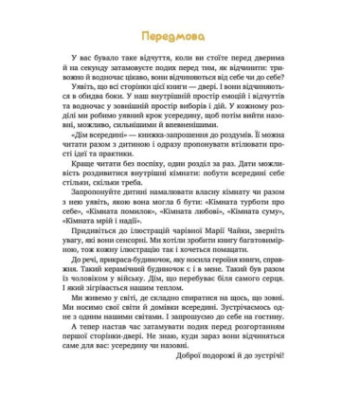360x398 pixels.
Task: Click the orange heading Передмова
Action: click(180, 34)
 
